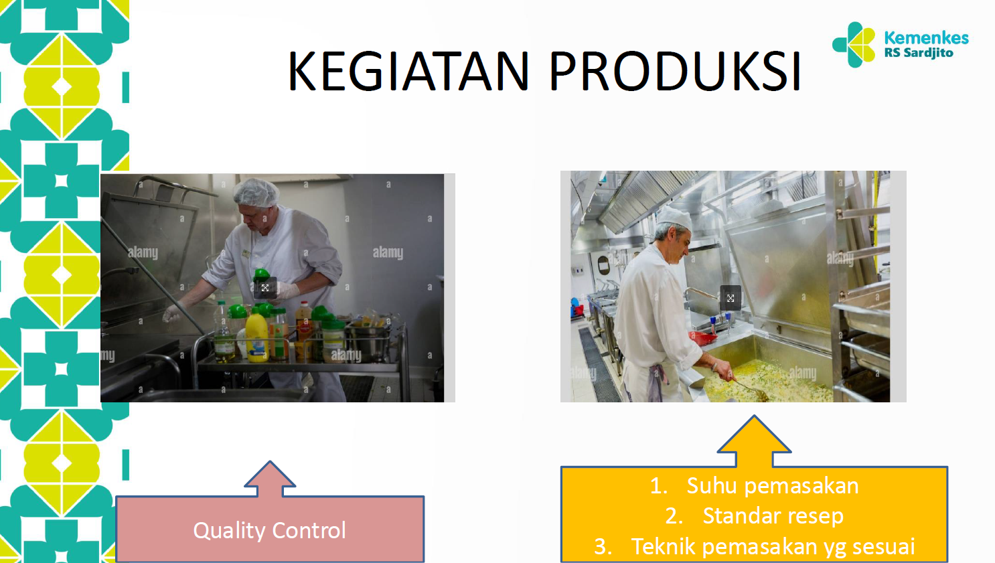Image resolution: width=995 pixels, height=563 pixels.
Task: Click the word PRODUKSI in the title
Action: pos(675,71)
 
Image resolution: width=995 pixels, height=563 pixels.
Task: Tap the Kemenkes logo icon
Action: pos(854,44)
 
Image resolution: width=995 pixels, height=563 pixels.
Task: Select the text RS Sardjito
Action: pos(919,54)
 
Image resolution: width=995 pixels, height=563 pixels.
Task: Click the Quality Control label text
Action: pos(270,531)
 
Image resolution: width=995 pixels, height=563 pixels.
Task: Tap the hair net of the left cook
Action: pos(256,193)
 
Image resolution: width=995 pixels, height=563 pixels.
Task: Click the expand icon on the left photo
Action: pos(264,288)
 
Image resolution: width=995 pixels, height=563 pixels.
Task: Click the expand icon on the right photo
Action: pos(731,298)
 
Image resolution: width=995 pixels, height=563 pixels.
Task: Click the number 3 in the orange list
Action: pos(602,546)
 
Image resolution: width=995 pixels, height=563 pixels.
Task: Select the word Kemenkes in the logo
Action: pos(926,37)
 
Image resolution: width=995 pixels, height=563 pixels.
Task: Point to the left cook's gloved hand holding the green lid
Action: pos(287,289)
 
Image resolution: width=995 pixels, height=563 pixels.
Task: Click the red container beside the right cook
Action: pos(702,338)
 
